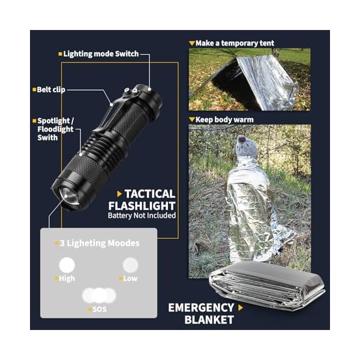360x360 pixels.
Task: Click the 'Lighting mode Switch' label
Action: (101, 54)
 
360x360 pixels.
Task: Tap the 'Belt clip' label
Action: (51, 89)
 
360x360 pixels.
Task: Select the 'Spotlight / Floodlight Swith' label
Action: (56, 129)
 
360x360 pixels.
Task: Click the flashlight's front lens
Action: (68, 197)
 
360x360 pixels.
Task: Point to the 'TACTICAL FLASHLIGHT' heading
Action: (142, 200)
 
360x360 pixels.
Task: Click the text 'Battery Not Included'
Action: (142, 215)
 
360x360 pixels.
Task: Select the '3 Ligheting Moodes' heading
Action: (100, 243)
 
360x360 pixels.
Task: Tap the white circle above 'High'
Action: (67, 265)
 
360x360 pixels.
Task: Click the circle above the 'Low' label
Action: (130, 265)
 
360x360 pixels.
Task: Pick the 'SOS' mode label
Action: (100, 309)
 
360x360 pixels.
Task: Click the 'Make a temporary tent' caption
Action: (235, 43)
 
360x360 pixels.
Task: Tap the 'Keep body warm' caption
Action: (224, 119)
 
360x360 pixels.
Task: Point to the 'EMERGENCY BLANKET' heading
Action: (201, 314)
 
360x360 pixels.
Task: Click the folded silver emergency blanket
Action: (268, 286)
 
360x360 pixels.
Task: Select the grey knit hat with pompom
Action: (247, 147)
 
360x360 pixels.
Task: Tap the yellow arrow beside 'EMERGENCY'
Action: (241, 308)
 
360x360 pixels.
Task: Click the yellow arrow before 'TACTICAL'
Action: (119, 194)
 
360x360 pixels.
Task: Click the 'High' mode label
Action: (67, 278)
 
